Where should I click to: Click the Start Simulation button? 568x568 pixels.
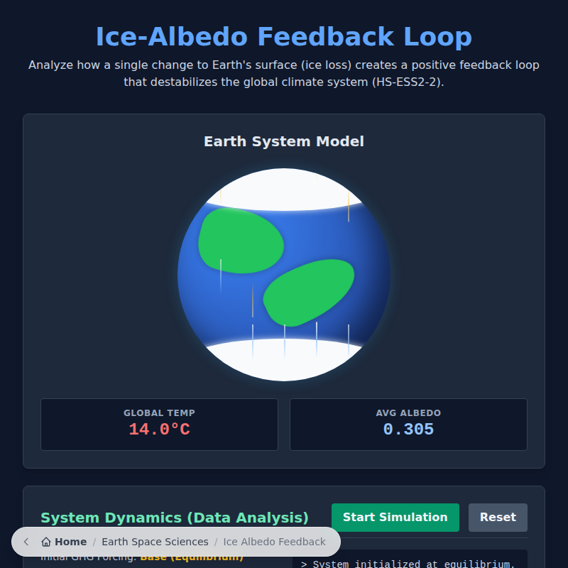pos(395,517)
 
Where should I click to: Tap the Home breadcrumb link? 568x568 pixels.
pos(70,542)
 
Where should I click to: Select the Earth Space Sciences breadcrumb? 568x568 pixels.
pos(155,542)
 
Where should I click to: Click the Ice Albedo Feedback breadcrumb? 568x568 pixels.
pos(274,542)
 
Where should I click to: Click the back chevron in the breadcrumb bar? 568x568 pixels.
pos(26,542)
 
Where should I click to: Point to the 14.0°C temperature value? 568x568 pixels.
pos(159,430)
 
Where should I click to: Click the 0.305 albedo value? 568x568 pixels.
pos(408,430)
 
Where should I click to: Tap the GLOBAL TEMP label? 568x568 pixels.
pos(159,413)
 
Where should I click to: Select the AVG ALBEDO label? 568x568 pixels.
pos(408,413)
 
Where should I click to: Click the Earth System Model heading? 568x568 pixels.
pos(284,141)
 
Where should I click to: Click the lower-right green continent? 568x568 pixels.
pos(309,291)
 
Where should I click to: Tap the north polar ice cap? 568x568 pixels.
pos(284,189)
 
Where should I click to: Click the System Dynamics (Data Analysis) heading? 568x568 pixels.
pos(175,518)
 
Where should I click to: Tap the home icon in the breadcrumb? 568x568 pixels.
pos(46,542)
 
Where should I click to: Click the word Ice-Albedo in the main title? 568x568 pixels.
pos(173,37)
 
